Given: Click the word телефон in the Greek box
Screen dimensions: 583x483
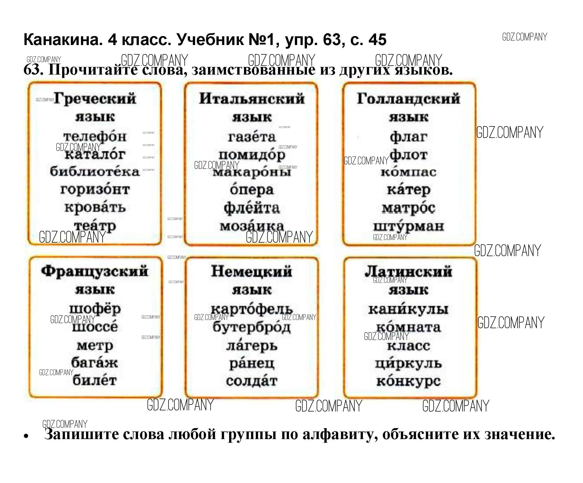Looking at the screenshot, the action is click(x=95, y=137).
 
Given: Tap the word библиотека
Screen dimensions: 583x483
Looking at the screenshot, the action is click(x=95, y=171).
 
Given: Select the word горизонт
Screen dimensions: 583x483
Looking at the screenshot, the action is click(x=95, y=189).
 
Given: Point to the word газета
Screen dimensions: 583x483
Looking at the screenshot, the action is click(x=252, y=137).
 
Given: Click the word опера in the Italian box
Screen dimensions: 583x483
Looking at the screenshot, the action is click(x=252, y=189).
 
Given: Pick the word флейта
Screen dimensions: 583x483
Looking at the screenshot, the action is click(x=252, y=208).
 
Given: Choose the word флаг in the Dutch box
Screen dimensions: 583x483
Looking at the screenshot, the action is click(x=408, y=137).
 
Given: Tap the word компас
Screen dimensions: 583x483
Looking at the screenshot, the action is click(x=408, y=172).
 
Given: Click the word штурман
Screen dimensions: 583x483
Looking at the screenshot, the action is click(x=408, y=226).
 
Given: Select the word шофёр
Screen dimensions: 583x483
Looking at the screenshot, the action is click(x=95, y=309).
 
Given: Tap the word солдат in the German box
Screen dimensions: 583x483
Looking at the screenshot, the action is click(x=252, y=381).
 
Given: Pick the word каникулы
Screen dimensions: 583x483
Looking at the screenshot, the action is click(x=408, y=309).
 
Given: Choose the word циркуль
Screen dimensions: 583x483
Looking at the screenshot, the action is click(x=408, y=363).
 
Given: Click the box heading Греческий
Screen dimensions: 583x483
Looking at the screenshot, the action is click(x=95, y=99).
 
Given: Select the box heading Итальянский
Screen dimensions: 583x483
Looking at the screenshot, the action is click(x=252, y=99).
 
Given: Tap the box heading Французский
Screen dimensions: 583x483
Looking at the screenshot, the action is click(x=95, y=272).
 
